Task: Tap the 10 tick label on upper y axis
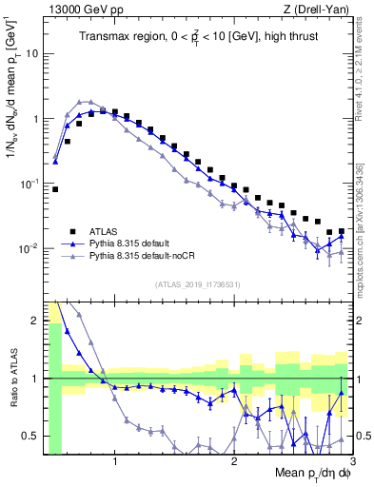pyautogui.click(x=31, y=53)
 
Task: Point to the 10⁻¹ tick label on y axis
pyautogui.click(x=30, y=184)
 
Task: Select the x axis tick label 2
pyautogui.click(x=234, y=462)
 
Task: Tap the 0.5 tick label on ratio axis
pyautogui.click(x=30, y=436)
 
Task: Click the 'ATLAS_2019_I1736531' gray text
pyautogui.click(x=198, y=284)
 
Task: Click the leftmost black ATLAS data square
pyautogui.click(x=55, y=189)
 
